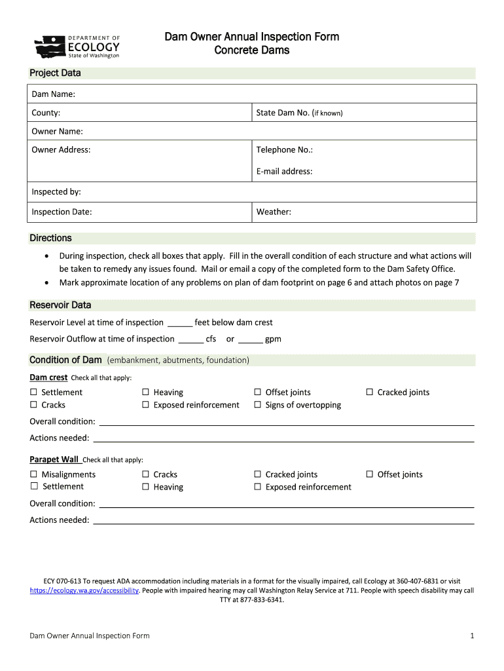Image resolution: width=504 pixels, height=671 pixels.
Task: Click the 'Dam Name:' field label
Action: (53, 94)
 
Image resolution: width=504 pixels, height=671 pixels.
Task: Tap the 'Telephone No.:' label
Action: (284, 149)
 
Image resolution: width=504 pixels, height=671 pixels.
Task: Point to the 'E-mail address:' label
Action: (284, 171)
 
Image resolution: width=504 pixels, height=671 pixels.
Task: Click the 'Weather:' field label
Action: (274, 212)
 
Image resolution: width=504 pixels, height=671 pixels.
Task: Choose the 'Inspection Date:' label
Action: (62, 212)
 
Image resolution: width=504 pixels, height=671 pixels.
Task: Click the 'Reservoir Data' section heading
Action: (60, 305)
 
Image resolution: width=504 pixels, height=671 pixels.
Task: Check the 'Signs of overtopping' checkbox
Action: (258, 405)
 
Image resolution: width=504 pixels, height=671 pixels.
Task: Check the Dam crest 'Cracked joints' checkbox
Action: (370, 393)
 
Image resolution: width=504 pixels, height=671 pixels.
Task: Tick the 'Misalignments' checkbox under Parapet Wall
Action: (34, 474)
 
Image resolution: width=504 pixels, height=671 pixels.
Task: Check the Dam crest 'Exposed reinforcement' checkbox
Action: (146, 405)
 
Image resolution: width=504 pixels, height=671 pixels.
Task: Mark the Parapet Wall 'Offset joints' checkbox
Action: (370, 474)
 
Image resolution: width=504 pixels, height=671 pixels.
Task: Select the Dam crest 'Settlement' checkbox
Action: (34, 393)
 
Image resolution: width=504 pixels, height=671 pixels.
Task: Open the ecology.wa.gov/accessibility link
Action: (84, 590)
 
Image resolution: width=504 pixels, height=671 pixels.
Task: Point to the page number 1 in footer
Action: (471, 636)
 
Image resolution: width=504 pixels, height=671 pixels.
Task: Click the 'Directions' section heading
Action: (50, 238)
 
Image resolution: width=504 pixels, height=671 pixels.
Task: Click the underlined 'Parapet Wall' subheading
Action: (54, 459)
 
